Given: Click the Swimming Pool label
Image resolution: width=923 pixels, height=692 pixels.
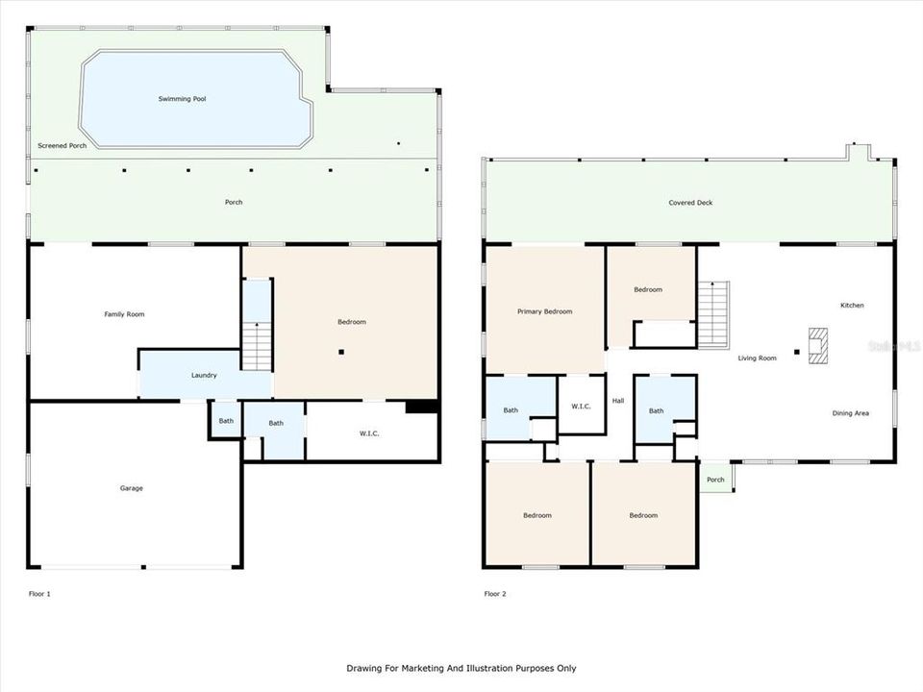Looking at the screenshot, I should pyautogui.click(x=182, y=99).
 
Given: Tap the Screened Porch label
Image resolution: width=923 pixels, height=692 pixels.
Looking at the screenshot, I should pyautogui.click(x=62, y=146).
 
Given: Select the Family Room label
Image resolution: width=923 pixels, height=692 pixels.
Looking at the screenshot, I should pyautogui.click(x=124, y=314).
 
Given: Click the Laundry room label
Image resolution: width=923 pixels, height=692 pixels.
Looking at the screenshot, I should pyautogui.click(x=204, y=375).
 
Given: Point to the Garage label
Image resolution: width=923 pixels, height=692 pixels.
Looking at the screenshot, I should pyautogui.click(x=131, y=488).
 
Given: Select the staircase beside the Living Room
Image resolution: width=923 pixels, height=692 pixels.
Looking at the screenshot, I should pyautogui.click(x=712, y=314).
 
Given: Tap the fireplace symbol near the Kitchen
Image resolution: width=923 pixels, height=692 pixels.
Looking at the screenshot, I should pyautogui.click(x=818, y=346).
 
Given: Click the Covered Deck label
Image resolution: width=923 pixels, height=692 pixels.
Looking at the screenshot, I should pyautogui.click(x=690, y=203).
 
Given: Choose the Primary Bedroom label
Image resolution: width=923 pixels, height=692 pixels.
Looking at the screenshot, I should pyautogui.click(x=544, y=311).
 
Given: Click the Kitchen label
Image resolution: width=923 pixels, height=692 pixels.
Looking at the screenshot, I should pyautogui.click(x=852, y=306).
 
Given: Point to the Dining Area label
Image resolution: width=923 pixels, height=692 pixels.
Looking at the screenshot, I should pyautogui.click(x=850, y=413).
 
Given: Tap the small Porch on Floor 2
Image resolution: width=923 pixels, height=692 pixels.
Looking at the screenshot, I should pyautogui.click(x=715, y=480).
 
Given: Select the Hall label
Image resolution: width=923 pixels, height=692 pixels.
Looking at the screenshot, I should pyautogui.click(x=618, y=401).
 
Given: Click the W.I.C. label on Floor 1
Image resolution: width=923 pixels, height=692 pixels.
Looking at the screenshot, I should pyautogui.click(x=369, y=433).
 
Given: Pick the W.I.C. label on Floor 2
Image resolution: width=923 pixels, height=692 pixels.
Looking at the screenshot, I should pyautogui.click(x=581, y=407).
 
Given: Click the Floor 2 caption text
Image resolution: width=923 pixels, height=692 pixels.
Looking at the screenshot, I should pyautogui.click(x=494, y=594).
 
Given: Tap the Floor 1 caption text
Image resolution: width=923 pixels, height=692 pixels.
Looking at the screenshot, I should pyautogui.click(x=39, y=594).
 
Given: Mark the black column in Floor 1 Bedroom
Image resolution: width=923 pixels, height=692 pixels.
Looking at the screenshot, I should pyautogui.click(x=340, y=352).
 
